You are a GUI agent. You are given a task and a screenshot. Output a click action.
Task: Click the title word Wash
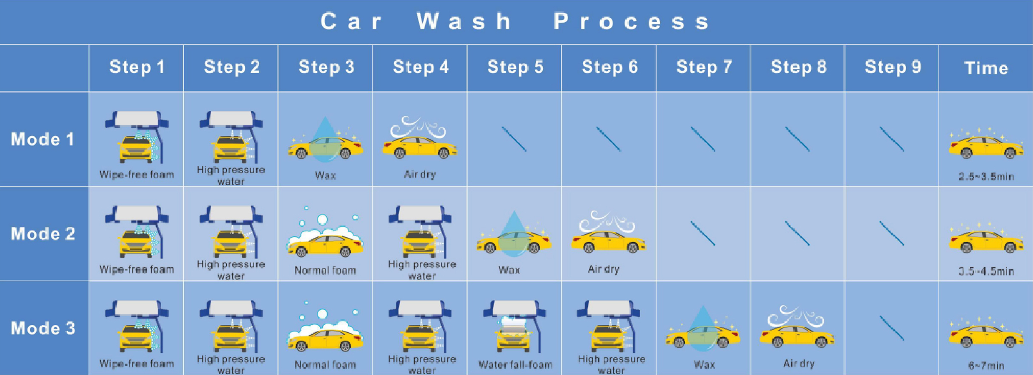464,21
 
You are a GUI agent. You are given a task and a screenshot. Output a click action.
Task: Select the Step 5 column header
515,67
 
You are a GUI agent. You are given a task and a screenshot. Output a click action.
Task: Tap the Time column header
986,68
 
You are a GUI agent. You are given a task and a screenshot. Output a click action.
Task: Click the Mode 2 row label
43,234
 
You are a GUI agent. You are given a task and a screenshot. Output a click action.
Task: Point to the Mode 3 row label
43,328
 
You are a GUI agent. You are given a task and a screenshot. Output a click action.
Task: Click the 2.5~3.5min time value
986,176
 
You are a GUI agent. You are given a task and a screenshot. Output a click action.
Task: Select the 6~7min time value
986,365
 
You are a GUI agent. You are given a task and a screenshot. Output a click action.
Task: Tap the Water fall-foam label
515,364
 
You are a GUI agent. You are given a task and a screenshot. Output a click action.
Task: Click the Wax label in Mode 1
325,175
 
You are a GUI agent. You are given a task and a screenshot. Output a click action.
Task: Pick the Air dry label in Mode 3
799,364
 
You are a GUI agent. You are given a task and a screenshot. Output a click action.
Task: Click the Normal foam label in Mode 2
325,270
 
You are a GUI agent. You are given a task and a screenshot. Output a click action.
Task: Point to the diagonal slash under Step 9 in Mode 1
892,139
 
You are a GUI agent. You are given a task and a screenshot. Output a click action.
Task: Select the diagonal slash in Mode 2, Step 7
703,234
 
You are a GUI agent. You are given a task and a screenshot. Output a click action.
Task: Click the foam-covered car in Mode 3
325,333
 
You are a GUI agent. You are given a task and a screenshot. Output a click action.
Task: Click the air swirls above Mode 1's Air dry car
418,127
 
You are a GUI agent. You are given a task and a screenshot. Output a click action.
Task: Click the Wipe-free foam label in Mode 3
137,364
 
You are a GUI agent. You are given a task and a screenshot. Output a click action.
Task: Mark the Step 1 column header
137,67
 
